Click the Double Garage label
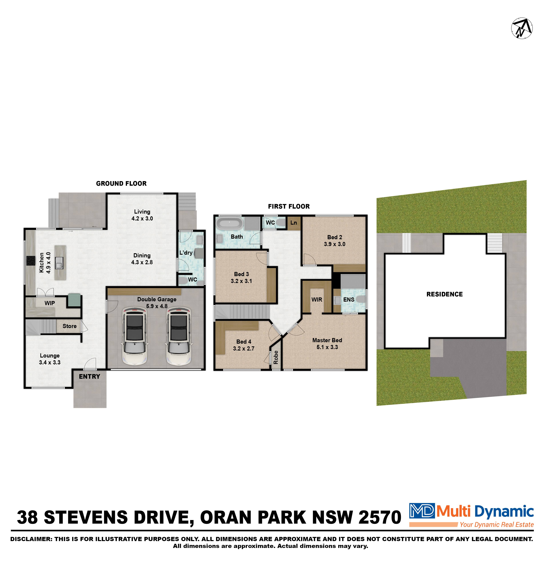(x=157, y=299)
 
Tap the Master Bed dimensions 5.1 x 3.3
(x=327, y=347)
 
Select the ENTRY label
(x=89, y=377)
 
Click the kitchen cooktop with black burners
(x=30, y=261)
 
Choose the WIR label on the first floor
(x=317, y=300)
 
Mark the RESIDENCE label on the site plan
(x=444, y=294)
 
